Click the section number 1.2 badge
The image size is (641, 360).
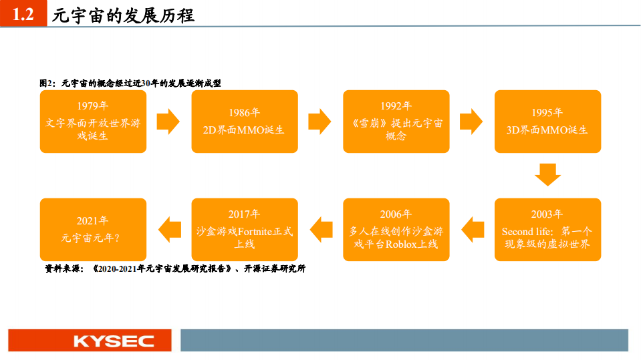coord(23,14)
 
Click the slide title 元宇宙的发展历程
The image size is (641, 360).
coord(123,15)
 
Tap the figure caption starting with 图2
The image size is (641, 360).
coord(130,83)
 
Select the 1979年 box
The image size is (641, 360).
coord(93,122)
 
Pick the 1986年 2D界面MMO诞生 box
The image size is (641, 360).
coord(245,122)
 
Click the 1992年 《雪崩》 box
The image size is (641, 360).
coord(396,122)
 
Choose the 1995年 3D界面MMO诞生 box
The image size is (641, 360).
coord(547,122)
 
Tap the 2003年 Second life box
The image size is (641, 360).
coord(547,229)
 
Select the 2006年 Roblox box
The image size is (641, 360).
coord(396,229)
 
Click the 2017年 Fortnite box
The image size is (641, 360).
coord(245,229)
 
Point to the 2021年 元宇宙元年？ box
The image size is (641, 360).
coord(93,229)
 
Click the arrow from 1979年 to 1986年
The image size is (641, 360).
coord(168,122)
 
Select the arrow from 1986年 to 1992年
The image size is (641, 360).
coord(320,122)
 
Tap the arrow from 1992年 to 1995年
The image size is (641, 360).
coord(471,122)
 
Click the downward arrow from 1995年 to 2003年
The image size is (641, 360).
coord(547,175)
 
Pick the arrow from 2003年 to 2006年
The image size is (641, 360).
coord(472,229)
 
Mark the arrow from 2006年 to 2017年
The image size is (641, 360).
coord(321,229)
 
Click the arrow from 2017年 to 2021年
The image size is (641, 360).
coord(169,229)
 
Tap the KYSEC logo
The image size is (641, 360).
coord(114,341)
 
